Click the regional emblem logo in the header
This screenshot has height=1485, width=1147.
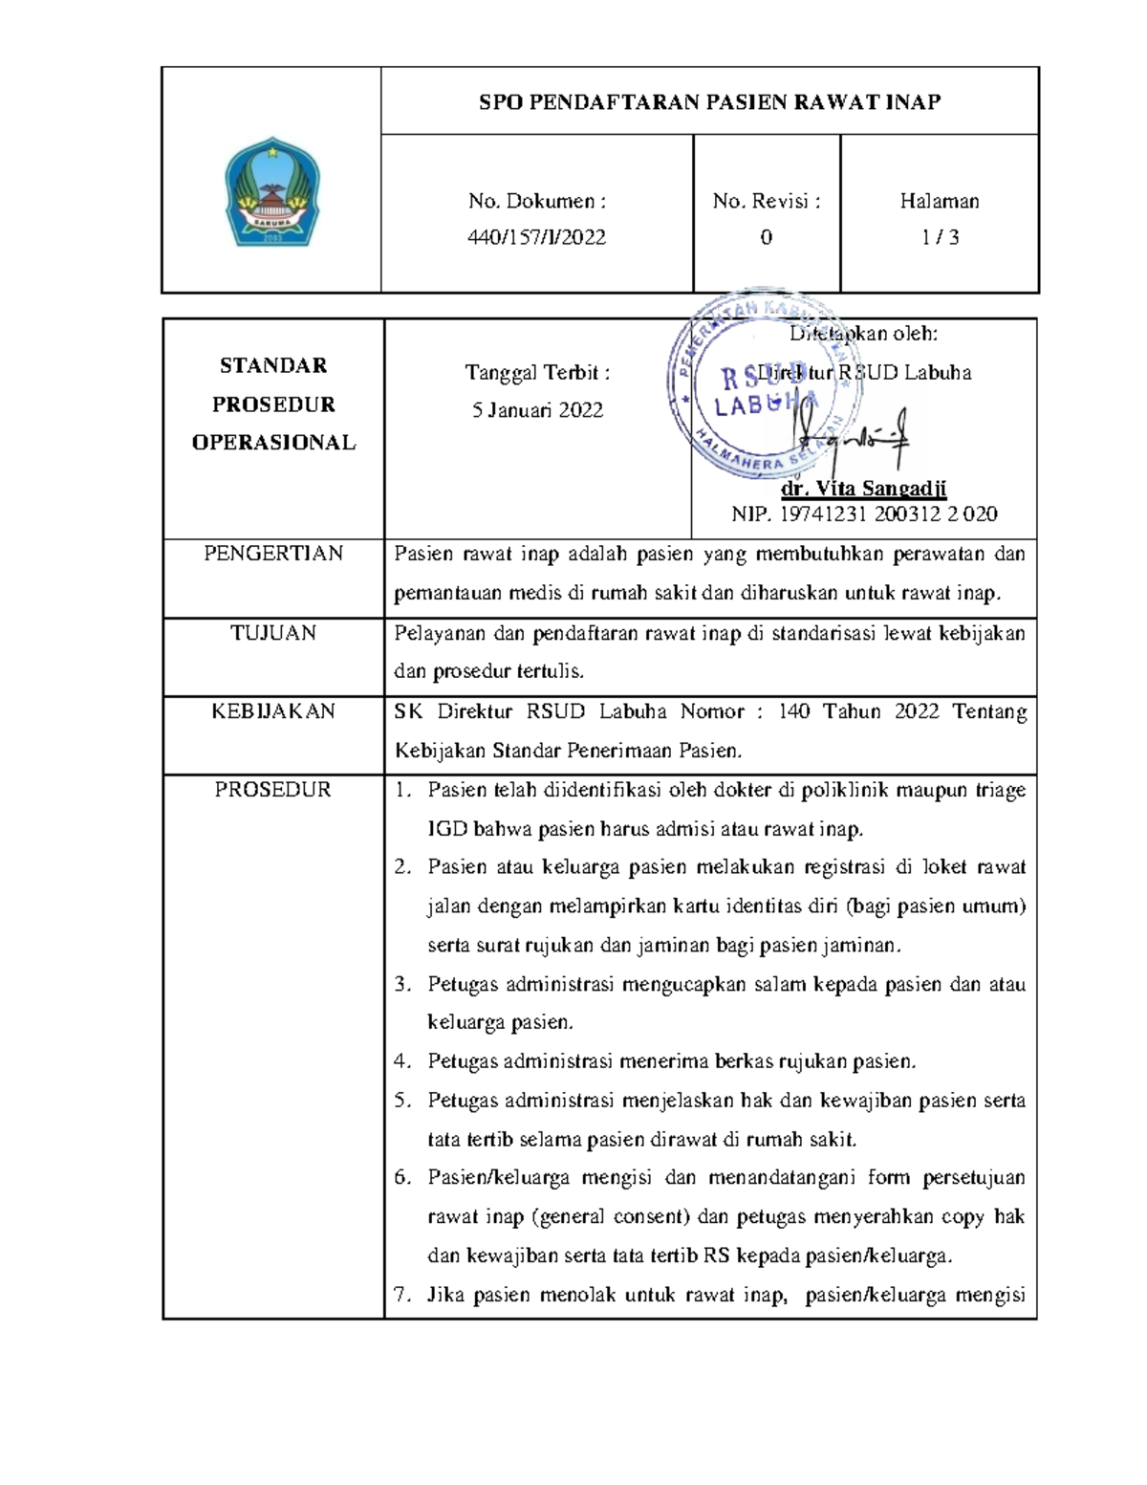[x=271, y=192]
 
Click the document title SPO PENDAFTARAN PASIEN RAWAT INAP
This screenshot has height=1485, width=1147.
[x=709, y=102]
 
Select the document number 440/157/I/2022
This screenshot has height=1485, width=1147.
[x=536, y=237]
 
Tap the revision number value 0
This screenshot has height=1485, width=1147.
[x=766, y=237]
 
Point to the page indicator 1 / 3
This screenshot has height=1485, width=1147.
[x=940, y=237]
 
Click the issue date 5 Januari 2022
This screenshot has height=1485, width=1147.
[x=537, y=410]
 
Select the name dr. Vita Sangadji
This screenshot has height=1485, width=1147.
[x=863, y=489]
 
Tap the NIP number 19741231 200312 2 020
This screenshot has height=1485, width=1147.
[x=889, y=514]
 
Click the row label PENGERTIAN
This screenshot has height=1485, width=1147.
[x=273, y=554]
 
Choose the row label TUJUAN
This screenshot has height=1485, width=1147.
[x=273, y=633]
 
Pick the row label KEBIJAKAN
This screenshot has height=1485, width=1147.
[x=273, y=711]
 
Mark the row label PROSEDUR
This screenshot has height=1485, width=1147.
[x=273, y=790]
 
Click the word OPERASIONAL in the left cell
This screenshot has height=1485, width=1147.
[x=273, y=443]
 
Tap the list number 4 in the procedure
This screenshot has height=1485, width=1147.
[x=402, y=1060]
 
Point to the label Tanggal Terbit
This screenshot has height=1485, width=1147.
[x=536, y=372]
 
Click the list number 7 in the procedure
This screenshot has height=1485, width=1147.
[x=402, y=1296]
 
